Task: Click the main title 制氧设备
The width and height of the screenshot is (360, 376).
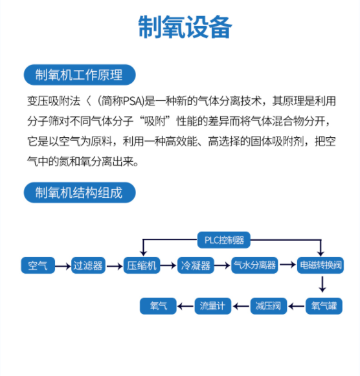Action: tap(185, 27)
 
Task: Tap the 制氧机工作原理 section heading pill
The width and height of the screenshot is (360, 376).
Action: tap(80, 74)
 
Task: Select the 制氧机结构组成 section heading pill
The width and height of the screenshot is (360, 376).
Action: tap(80, 192)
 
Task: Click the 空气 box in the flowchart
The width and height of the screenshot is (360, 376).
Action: tap(38, 265)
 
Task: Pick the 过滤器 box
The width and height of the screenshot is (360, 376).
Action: tap(88, 265)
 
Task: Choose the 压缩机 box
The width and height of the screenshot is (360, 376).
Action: tap(142, 265)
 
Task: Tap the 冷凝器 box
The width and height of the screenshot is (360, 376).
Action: tap(196, 265)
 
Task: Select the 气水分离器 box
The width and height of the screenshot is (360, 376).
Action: tap(254, 265)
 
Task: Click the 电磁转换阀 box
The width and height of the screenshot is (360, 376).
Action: tap(321, 265)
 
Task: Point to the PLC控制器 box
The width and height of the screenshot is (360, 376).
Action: tap(224, 240)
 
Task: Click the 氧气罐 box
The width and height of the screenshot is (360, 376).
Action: tap(324, 306)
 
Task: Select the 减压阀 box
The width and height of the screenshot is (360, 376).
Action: tap(269, 306)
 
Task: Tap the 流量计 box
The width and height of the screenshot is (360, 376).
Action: tap(213, 306)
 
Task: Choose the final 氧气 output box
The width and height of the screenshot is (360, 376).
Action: tap(158, 306)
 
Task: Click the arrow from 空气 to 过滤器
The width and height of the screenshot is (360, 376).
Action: tap(63, 266)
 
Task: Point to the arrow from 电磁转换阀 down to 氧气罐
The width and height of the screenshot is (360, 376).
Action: tap(322, 284)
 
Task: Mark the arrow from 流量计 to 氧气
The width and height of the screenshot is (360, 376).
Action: tap(185, 306)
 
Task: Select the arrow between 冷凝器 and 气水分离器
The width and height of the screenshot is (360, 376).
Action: tap(222, 265)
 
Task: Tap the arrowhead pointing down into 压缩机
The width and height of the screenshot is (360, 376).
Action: tap(143, 253)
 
